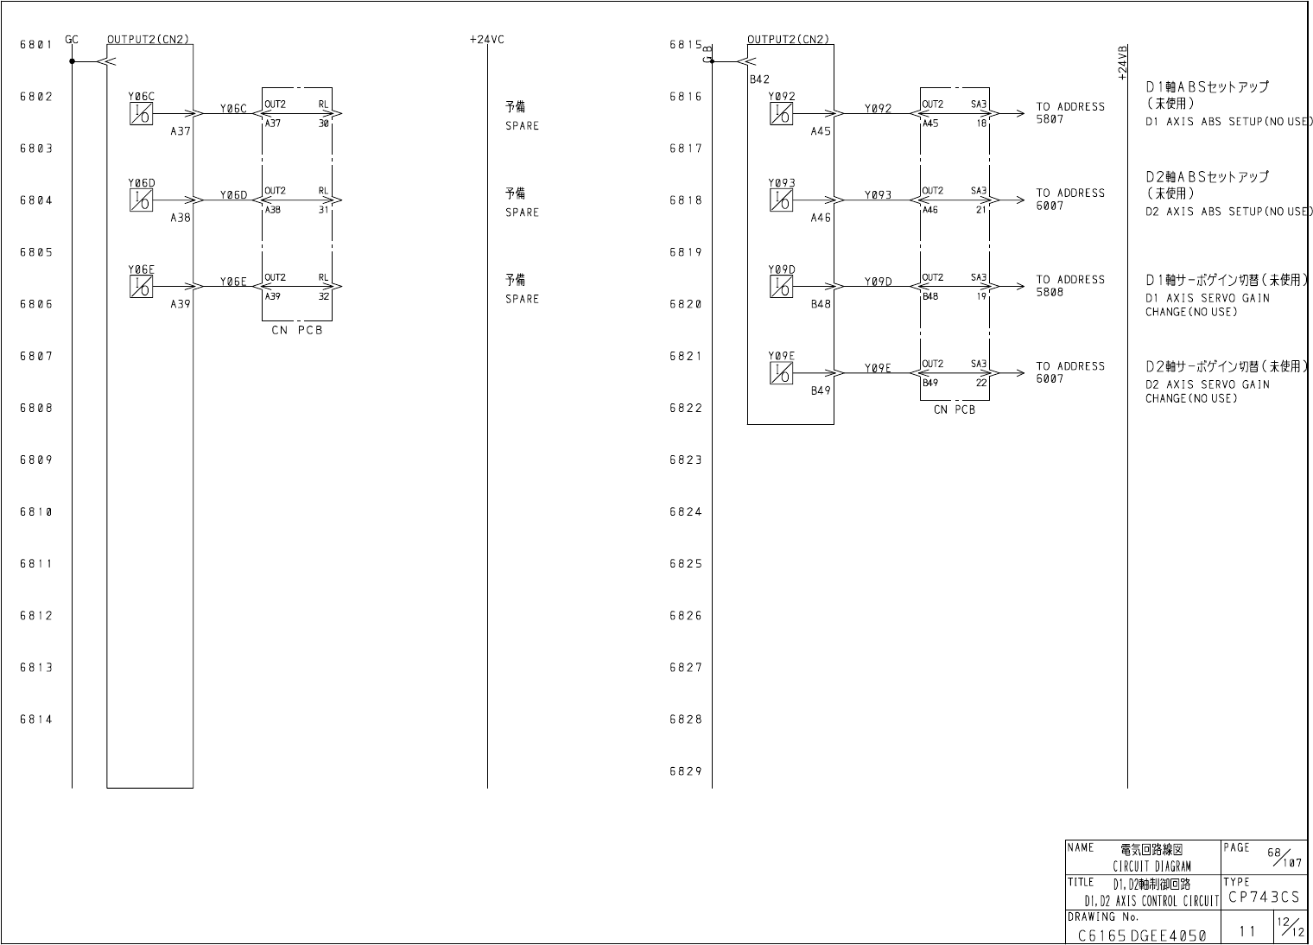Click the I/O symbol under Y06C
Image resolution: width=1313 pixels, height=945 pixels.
(x=142, y=114)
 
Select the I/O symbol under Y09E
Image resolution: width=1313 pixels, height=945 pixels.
(x=782, y=373)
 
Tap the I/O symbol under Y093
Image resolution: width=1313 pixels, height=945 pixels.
(x=782, y=200)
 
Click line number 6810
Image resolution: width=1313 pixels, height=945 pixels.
(x=36, y=511)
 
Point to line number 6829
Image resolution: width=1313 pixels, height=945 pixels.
(x=686, y=771)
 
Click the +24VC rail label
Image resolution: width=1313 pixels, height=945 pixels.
(x=486, y=39)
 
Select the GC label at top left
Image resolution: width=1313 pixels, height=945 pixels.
(x=72, y=39)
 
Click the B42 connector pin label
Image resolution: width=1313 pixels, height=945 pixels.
(x=759, y=79)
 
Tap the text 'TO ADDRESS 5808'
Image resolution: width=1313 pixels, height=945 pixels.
(x=1069, y=286)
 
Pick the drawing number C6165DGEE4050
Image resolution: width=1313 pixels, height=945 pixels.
(x=1142, y=935)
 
